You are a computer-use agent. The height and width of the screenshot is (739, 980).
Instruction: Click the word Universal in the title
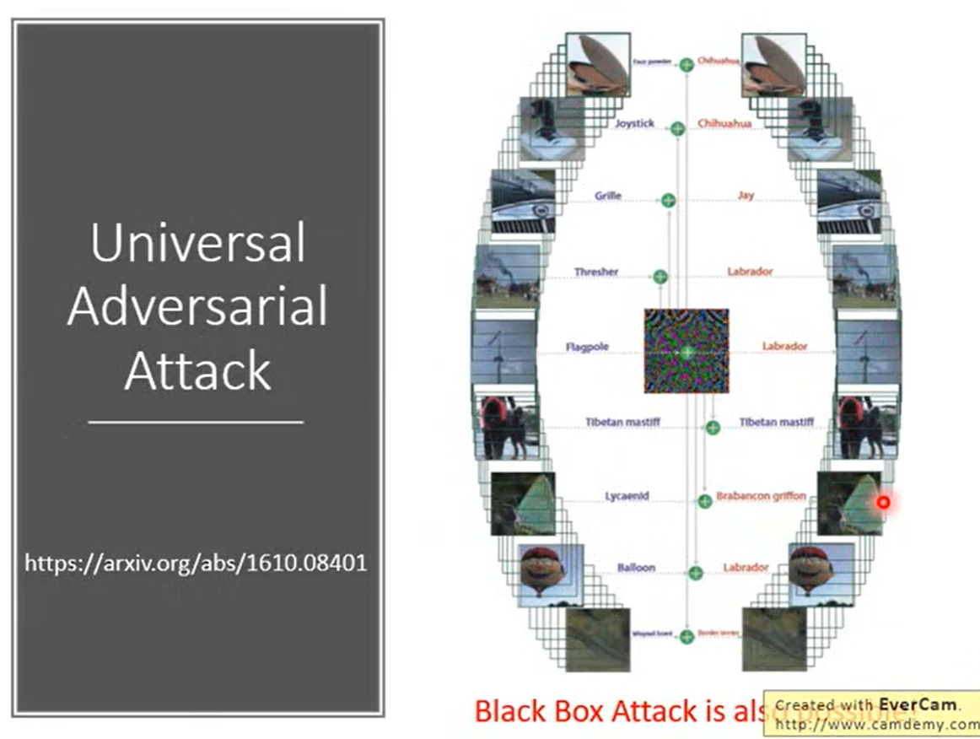(197, 242)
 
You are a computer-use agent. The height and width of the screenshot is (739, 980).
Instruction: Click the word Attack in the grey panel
(197, 370)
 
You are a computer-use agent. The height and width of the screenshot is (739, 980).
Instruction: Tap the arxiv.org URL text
(196, 563)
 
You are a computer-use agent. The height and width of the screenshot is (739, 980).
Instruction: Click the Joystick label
(634, 124)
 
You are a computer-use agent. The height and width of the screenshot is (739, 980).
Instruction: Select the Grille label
(607, 196)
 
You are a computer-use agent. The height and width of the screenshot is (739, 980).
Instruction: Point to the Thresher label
(596, 272)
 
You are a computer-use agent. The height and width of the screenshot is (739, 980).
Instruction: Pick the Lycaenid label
(627, 496)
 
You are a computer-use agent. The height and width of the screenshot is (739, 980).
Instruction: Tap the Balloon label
(635, 568)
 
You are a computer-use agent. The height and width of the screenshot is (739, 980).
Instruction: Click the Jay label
(746, 196)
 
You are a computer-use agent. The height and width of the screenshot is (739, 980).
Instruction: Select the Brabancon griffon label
(761, 496)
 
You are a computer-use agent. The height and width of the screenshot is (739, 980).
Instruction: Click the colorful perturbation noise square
(687, 350)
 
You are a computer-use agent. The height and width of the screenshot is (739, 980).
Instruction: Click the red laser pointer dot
(883, 502)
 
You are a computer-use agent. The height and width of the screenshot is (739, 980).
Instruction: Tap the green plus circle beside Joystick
(677, 128)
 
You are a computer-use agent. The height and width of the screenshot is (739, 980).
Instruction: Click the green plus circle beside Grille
(668, 200)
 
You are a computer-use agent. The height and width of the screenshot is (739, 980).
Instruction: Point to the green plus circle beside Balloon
(696, 573)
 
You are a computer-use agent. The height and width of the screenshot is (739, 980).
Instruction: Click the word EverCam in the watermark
(916, 704)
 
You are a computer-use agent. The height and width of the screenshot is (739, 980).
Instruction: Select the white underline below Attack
(196, 421)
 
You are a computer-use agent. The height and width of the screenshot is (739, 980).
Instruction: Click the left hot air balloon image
(544, 570)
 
